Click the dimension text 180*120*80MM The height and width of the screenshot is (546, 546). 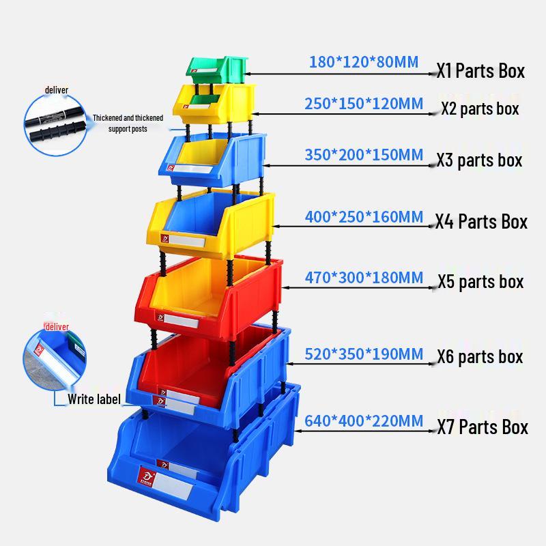coord(364,63)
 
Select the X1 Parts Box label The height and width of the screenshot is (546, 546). coord(481,70)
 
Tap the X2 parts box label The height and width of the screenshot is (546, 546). coord(480,109)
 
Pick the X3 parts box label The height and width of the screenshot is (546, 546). coord(480,160)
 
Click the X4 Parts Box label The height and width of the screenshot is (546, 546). coord(482,222)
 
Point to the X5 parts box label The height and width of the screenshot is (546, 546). coord(480,281)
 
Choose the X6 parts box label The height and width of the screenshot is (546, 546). coord(480,356)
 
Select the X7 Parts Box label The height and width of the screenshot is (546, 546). coord(483,428)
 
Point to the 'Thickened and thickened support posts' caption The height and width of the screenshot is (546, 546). coord(128,123)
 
